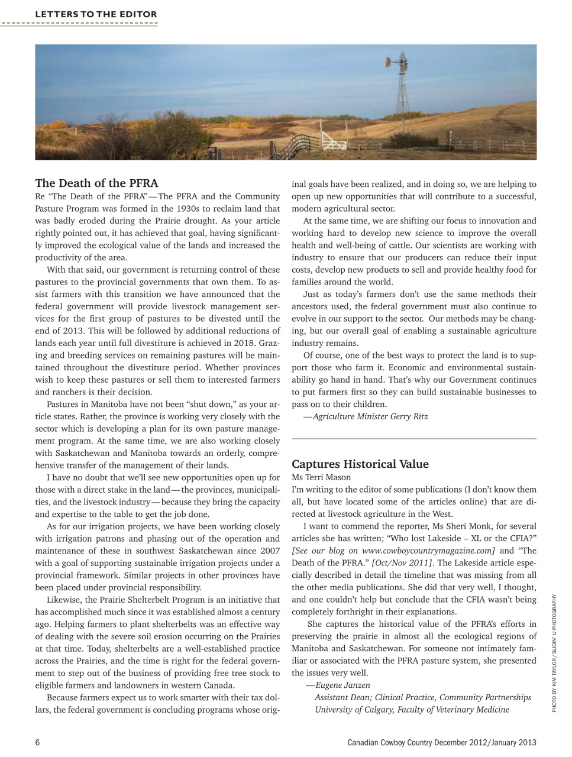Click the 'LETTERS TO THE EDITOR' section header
pyautogui.click(x=96, y=14)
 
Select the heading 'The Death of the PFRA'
pyautogui.click(x=96, y=183)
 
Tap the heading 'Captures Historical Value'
pyautogui.click(x=360, y=464)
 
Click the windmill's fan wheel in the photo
pyautogui.click(x=398, y=62)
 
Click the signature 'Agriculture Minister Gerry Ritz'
pyautogui.click(x=369, y=416)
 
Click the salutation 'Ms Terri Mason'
pyautogui.click(x=321, y=477)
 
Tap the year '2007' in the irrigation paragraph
pyautogui.click(x=269, y=551)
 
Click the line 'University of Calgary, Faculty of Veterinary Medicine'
pyautogui.click(x=412, y=709)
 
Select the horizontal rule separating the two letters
pyautogui.click(x=413, y=439)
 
